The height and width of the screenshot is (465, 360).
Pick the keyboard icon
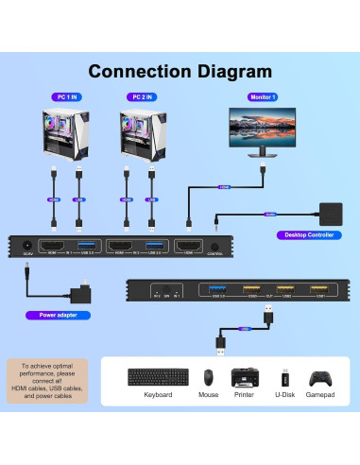tap(157, 377)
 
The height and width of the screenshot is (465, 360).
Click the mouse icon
tap(208, 377)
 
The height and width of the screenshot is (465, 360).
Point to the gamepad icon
tap(323, 376)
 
